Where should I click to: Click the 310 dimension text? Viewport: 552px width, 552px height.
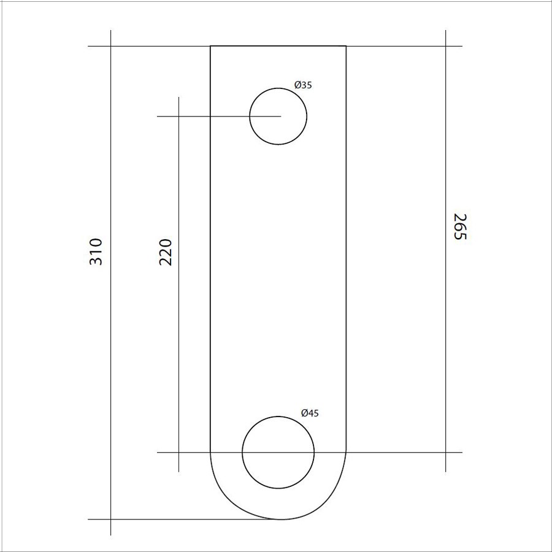tap(96, 251)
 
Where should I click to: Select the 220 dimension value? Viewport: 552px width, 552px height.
tap(166, 252)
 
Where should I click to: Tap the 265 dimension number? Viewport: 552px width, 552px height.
tap(459, 226)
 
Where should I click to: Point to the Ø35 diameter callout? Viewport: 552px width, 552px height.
tap(303, 85)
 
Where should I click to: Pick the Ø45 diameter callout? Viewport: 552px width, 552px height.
tap(310, 413)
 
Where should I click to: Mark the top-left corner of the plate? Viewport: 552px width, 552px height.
tap(210, 46)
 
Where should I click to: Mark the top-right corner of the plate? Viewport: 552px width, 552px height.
tap(346, 46)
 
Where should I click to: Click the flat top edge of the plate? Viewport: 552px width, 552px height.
tap(278, 46)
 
